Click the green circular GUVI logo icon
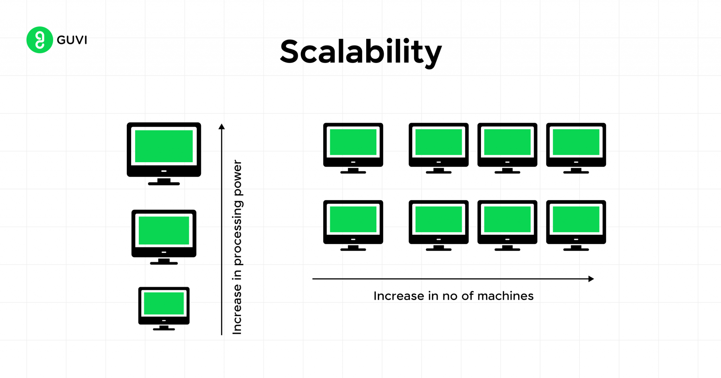[39, 40]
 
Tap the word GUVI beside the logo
[72, 40]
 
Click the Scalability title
[360, 52]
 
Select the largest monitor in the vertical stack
[164, 150]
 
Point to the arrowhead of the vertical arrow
[221, 127]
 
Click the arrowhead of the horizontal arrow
[591, 279]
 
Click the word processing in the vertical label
[238, 233]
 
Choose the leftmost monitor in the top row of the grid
[353, 145]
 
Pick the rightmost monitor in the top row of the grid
[576, 145]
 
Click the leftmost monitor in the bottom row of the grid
[353, 222]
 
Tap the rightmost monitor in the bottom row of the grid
[576, 222]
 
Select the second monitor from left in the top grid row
[439, 145]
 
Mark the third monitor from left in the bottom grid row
[507, 222]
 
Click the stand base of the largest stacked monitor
[164, 184]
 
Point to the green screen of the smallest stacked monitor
[164, 303]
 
